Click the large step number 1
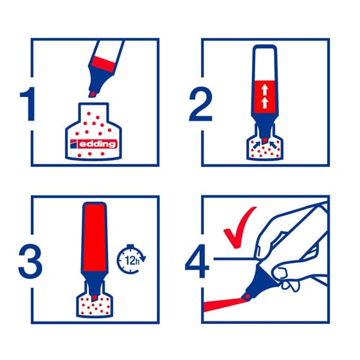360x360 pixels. tap(29, 104)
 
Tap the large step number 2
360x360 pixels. tap(201, 104)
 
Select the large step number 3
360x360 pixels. tap(30, 261)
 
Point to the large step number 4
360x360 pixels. tap(197, 261)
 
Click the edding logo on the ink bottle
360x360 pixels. tap(94, 144)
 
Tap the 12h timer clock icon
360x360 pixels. tap(131, 260)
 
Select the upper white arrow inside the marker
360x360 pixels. tap(265, 90)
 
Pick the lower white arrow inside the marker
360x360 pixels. tap(265, 103)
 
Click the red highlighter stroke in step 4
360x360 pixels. tap(224, 305)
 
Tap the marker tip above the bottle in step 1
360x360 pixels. tap(93, 94)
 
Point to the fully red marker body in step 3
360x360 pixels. tap(94, 238)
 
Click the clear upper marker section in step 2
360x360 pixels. tap(265, 64)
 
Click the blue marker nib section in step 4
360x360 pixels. tap(260, 282)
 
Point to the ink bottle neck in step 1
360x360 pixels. tap(93, 113)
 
